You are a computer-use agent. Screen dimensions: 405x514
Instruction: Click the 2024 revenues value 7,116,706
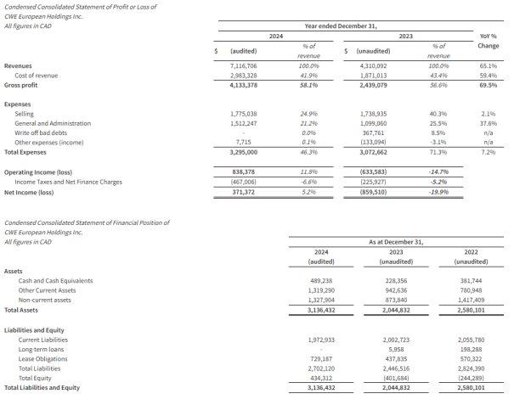coord(246,66)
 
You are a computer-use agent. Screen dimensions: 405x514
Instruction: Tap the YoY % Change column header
coord(489,42)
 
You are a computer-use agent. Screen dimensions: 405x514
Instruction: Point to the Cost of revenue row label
coord(37,76)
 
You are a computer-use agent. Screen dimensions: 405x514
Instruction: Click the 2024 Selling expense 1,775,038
coord(246,114)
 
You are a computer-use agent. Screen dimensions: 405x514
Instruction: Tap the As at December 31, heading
coord(395,242)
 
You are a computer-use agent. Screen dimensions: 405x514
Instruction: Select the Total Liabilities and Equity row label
coord(42,388)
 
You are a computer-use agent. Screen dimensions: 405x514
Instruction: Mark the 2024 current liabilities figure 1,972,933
coord(325,340)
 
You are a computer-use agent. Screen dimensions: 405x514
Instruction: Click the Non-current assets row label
coord(44,300)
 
